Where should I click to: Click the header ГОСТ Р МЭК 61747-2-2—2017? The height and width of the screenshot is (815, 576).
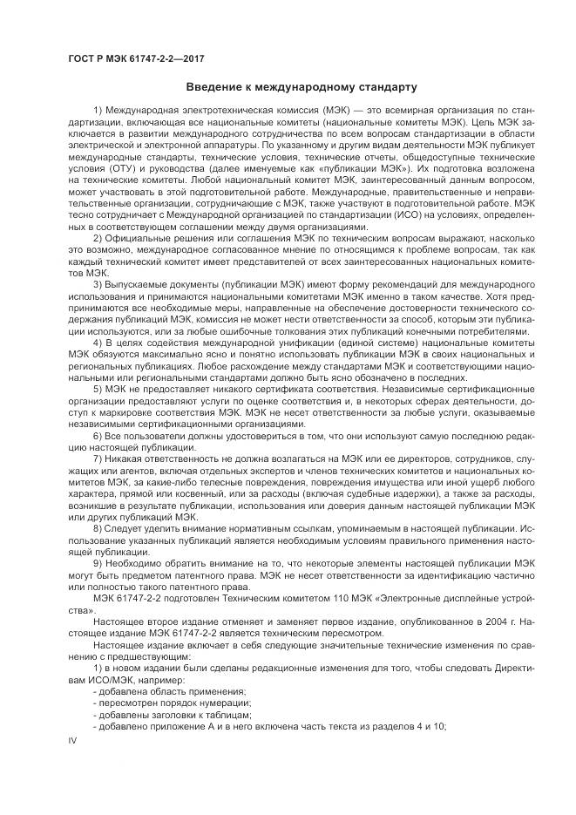(128, 59)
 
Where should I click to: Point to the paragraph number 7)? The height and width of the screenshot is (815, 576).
(98, 458)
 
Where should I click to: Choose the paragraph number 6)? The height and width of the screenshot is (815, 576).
(98, 433)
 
